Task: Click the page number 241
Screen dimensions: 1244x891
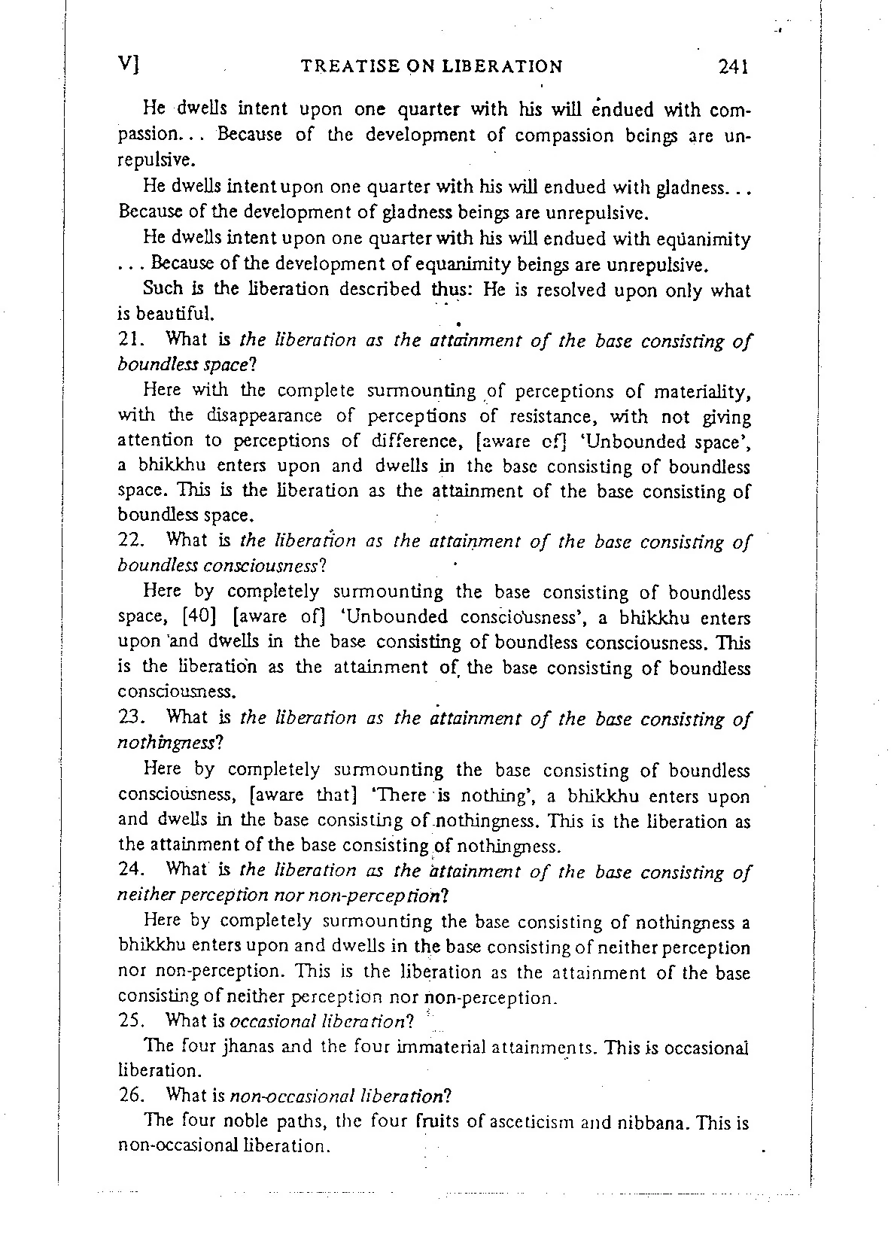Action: (731, 67)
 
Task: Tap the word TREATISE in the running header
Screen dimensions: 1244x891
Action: (343, 67)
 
